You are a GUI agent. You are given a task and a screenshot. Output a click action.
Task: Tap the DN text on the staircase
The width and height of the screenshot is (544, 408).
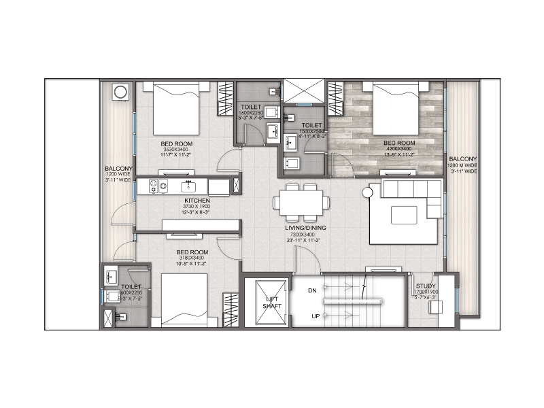312,291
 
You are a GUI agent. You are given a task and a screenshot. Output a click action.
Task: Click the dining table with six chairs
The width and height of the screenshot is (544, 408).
301,202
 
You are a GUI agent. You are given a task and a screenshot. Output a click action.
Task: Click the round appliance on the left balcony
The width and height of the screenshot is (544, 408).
120,91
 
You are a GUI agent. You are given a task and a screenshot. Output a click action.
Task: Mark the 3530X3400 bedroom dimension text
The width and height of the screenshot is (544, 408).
176,150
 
